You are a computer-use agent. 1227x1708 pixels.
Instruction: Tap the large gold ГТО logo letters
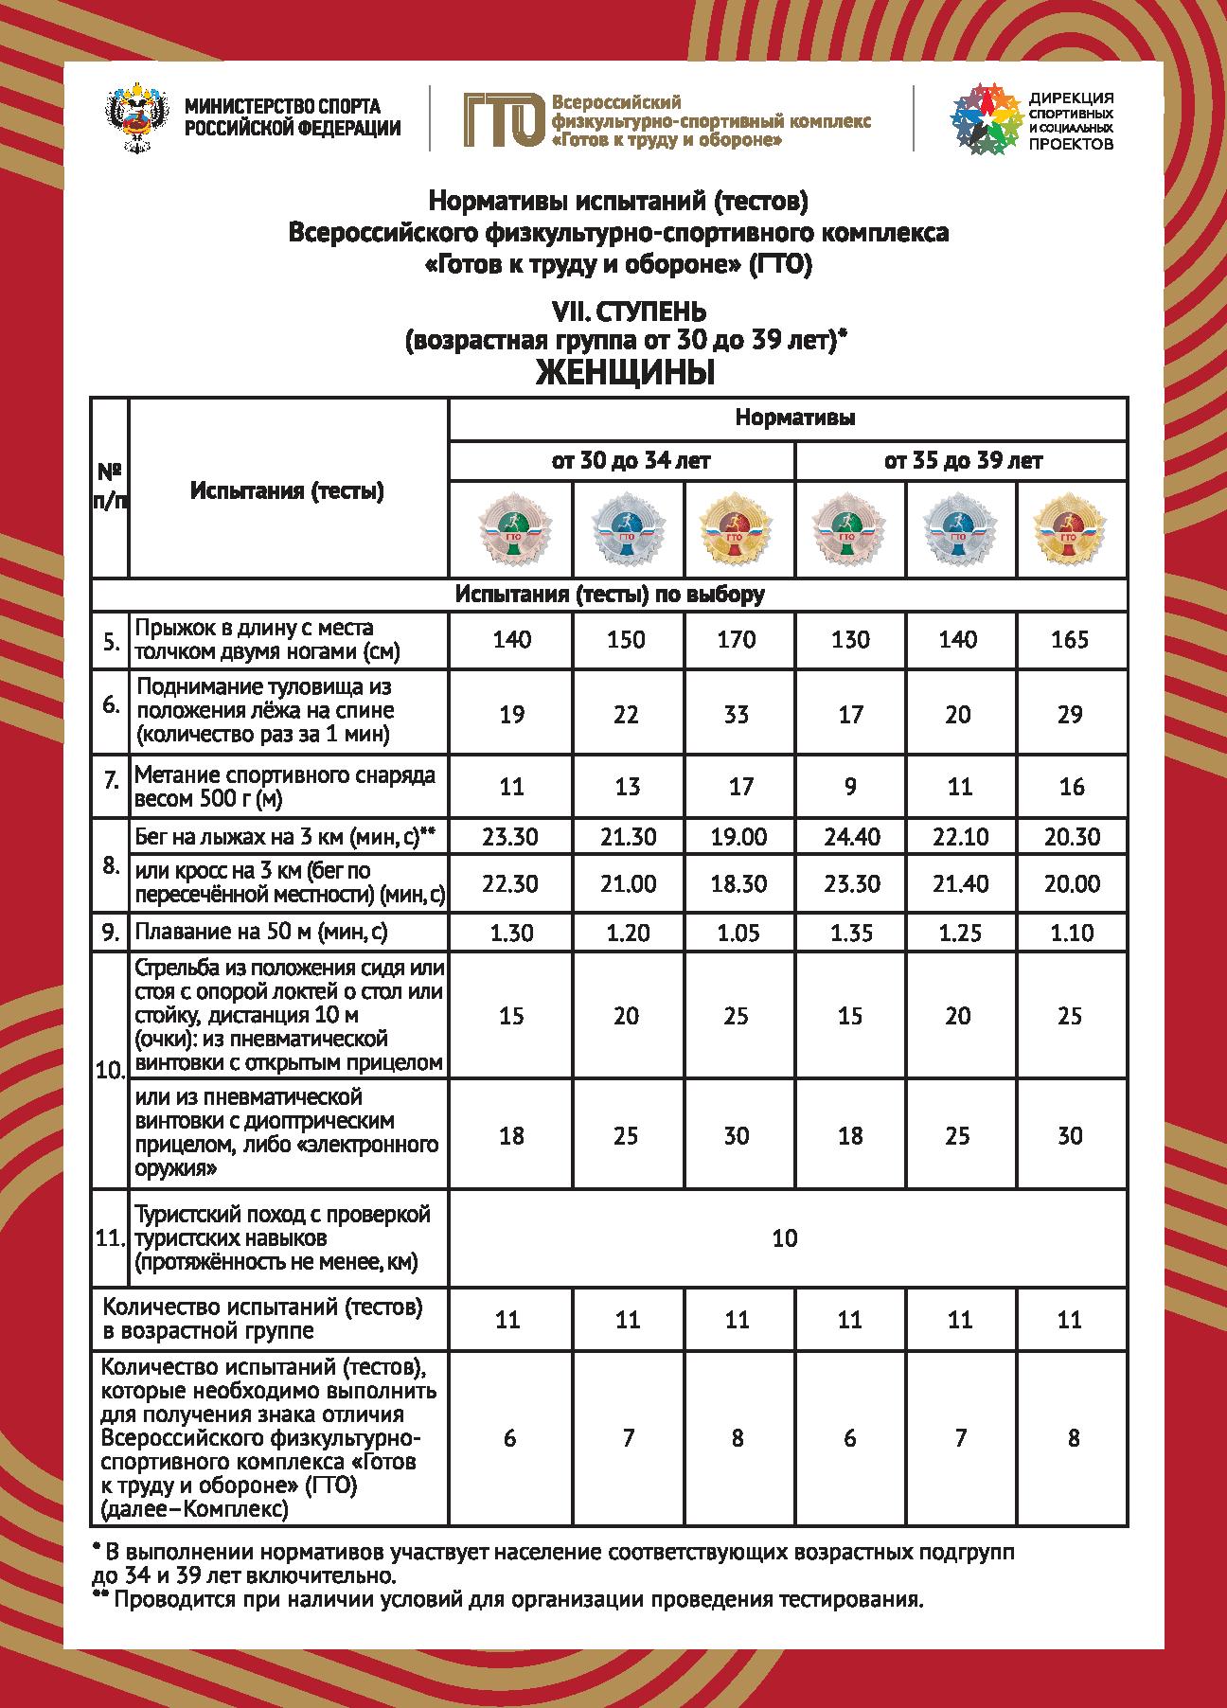coord(504,120)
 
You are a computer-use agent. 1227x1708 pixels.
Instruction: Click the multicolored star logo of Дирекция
coord(984,118)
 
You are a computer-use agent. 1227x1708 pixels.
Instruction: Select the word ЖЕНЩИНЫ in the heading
coord(625,374)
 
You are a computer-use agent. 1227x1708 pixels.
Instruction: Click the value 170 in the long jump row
coord(737,640)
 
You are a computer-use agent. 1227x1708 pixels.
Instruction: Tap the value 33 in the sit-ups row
coord(737,714)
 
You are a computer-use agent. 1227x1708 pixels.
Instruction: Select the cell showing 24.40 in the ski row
coord(850,837)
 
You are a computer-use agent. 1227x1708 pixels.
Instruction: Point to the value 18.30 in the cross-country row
coord(737,884)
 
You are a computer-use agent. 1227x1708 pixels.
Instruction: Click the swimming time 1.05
coord(737,933)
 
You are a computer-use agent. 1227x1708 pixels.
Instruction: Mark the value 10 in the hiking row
coord(785,1238)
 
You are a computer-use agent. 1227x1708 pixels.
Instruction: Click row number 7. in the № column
coord(111,782)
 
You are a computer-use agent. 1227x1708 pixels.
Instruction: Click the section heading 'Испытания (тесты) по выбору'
coord(610,595)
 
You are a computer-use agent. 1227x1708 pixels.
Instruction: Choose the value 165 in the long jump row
coord(1070,640)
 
